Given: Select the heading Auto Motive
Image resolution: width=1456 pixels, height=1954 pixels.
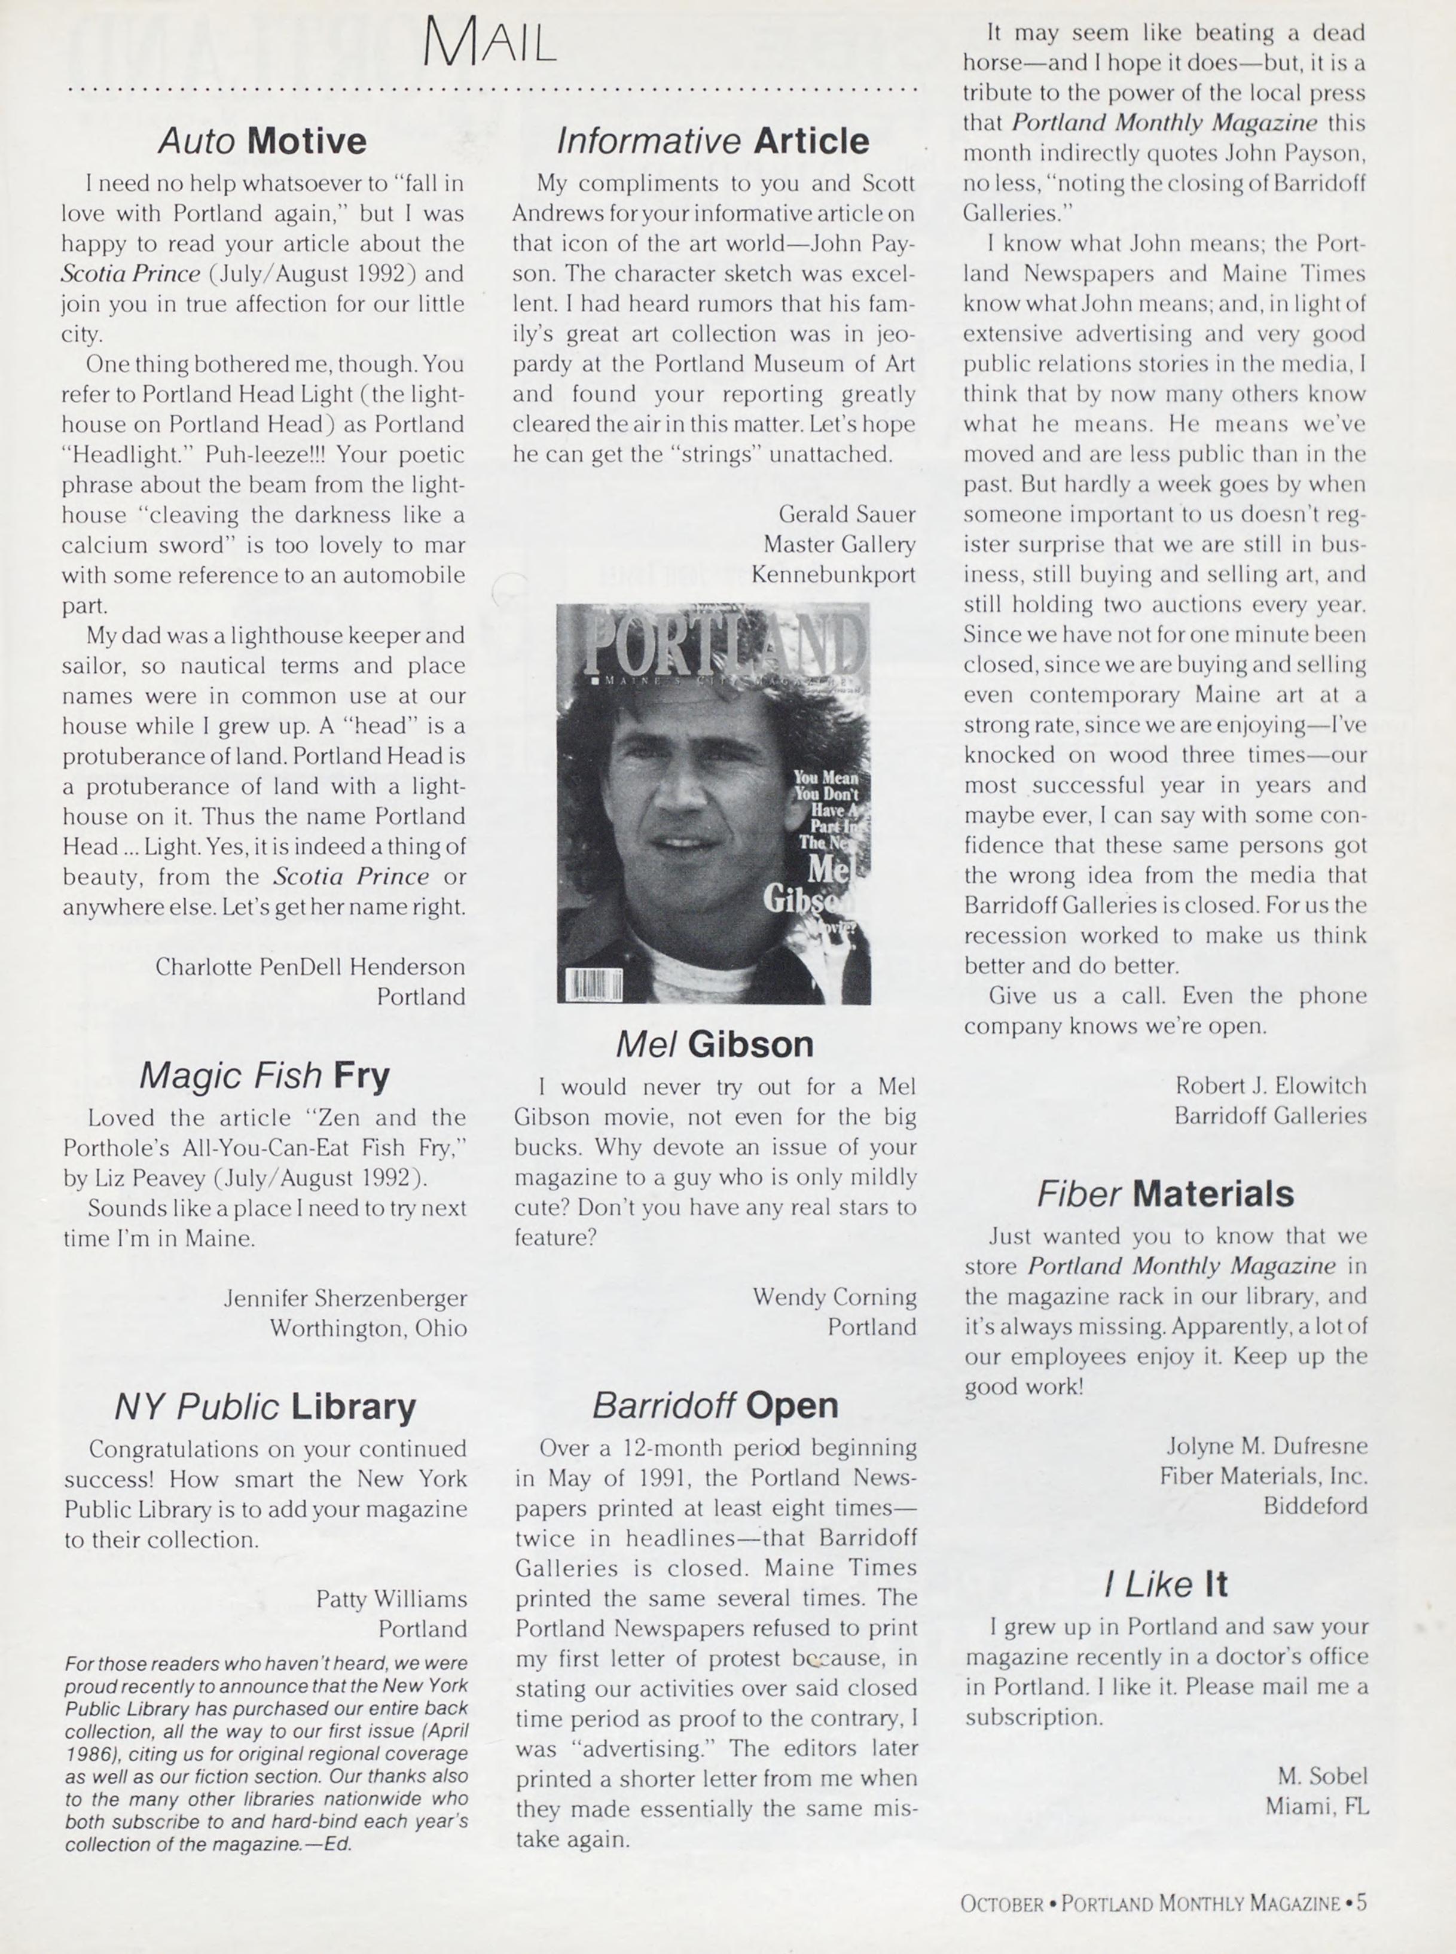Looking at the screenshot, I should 262,141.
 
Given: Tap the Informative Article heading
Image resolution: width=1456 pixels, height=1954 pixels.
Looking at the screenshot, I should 713,141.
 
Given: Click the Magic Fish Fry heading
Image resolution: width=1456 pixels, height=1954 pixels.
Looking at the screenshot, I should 264,1075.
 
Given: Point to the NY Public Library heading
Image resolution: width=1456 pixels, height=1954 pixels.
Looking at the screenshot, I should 264,1407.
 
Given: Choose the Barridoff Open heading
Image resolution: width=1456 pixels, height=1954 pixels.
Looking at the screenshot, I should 715,1405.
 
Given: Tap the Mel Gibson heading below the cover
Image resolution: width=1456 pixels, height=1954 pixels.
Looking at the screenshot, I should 714,1044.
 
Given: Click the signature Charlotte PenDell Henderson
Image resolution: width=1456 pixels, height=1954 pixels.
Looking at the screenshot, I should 310,967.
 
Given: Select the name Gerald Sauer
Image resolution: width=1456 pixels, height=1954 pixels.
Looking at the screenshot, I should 847,514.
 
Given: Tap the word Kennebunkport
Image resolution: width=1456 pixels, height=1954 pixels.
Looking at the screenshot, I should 833,575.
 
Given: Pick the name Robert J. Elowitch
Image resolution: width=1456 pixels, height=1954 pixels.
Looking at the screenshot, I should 1270,1085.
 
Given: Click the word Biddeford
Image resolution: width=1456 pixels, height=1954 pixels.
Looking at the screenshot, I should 1315,1505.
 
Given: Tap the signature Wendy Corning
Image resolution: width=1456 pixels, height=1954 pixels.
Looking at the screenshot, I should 834,1297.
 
